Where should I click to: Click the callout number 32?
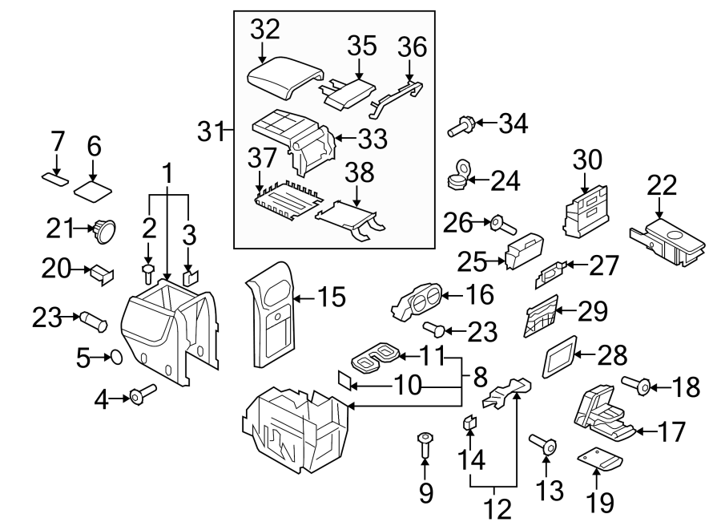264,30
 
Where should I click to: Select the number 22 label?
661,186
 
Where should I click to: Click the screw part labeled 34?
462,124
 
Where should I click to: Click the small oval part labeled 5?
114,355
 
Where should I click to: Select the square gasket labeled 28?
561,356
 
